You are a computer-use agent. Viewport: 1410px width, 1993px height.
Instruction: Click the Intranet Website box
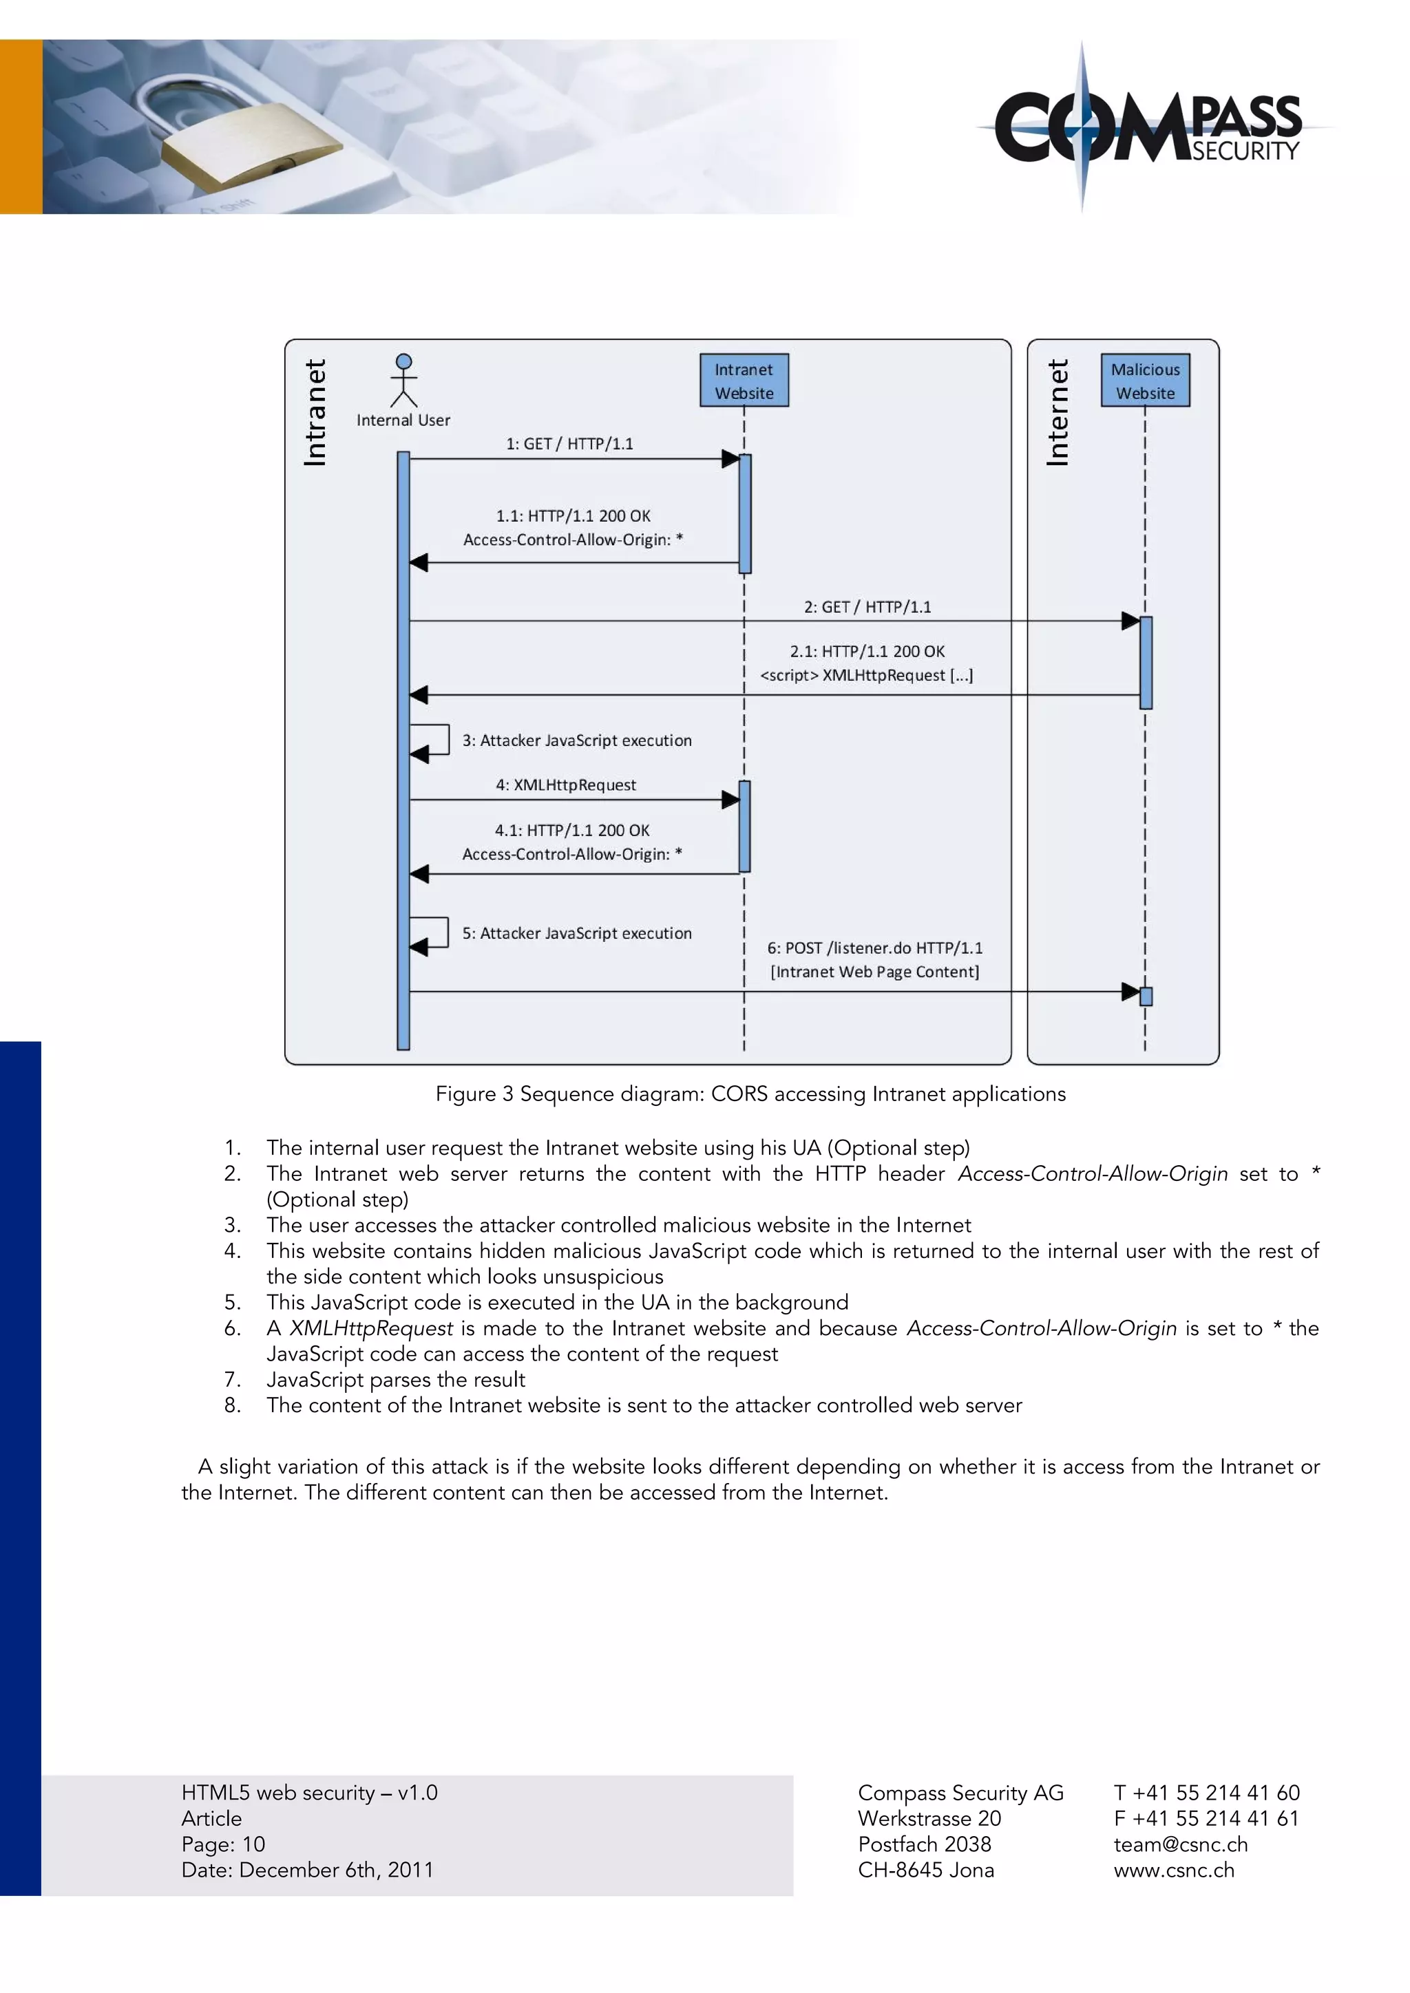pos(744,380)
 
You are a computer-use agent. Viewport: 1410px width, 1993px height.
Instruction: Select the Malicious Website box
pos(1144,380)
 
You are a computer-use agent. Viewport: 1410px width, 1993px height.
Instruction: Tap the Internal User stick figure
pos(403,380)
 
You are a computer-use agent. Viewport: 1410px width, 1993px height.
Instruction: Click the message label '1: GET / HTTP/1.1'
pos(569,444)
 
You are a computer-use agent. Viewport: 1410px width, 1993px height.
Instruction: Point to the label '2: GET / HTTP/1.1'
pos(867,607)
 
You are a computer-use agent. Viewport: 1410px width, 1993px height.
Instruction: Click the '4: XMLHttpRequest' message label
pos(565,785)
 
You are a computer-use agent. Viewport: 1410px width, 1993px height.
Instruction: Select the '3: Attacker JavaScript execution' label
pos(576,740)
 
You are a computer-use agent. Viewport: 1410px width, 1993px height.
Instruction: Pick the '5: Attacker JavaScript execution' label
pos(576,933)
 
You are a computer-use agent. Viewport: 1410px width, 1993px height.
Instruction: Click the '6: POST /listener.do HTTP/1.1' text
pos(874,948)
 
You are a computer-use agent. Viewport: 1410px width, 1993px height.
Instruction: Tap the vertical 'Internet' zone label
pos(1057,412)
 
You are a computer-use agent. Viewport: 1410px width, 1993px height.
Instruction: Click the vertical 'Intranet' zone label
pos(315,412)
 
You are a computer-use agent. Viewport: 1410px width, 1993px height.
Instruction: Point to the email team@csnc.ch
pos(1180,1844)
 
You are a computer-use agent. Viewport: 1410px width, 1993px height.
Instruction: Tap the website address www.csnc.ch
pos(1173,1870)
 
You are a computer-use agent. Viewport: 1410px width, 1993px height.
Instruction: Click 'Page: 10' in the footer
pos(223,1844)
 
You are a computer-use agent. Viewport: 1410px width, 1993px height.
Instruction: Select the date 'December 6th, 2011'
pos(336,1870)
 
